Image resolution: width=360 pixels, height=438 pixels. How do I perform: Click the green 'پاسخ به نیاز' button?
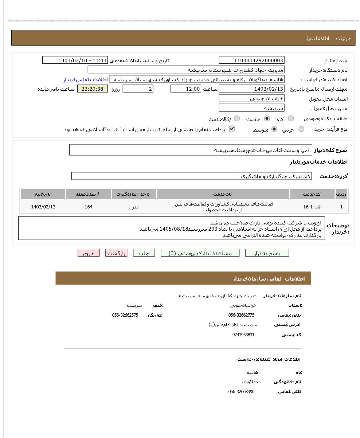click(267, 253)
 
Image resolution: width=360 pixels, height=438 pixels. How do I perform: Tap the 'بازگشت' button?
click(116, 253)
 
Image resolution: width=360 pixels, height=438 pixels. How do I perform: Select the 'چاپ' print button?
click(144, 253)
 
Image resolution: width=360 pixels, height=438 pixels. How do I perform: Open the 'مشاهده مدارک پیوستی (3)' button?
click(200, 253)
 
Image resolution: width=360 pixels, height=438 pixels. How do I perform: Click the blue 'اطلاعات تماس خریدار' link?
click(86, 79)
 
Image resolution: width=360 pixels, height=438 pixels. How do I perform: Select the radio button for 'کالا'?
click(290, 118)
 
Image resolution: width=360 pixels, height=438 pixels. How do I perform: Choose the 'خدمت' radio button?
click(267, 118)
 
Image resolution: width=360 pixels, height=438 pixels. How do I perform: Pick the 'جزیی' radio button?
click(301, 129)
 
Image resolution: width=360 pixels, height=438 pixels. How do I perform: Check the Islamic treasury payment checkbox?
click(232, 129)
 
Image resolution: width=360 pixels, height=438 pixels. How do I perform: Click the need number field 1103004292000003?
click(251, 60)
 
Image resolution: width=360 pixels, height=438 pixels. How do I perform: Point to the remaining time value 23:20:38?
click(93, 89)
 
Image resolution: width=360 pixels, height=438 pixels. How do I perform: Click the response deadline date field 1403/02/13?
click(251, 89)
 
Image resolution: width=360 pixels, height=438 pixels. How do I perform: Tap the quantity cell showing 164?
click(89, 207)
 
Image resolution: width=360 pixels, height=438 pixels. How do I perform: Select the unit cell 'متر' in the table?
click(135, 207)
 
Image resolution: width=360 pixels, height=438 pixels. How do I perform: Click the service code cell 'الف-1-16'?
click(312, 207)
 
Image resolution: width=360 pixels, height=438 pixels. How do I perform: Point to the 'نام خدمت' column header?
click(223, 194)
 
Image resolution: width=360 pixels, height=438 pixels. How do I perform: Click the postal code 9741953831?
click(243, 335)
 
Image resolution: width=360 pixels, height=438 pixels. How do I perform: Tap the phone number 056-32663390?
click(241, 392)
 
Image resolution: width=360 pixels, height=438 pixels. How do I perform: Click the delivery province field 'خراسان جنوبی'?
click(251, 98)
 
